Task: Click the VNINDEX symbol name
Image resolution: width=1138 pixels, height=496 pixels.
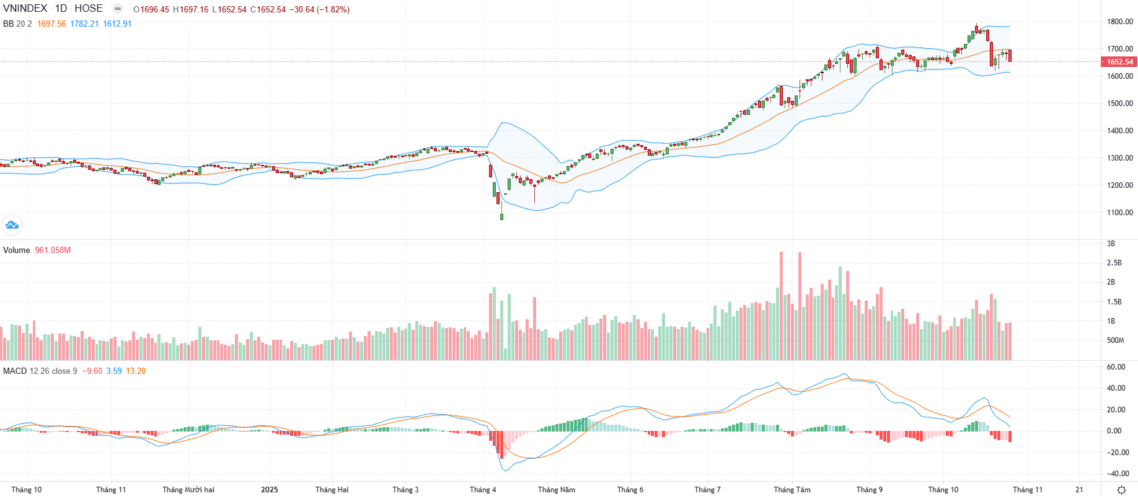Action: coord(25,9)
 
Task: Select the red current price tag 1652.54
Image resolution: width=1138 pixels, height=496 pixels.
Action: coord(1119,62)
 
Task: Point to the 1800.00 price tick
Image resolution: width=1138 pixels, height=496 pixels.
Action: coord(1120,22)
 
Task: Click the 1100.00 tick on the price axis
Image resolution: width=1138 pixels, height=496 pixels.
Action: coord(1120,213)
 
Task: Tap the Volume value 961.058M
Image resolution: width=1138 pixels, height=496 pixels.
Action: coord(53,250)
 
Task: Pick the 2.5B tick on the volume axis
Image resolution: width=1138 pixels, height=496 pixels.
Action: coord(1114,263)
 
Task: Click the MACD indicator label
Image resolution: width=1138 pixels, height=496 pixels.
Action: coord(15,371)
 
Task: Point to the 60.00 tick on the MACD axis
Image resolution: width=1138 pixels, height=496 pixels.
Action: coord(1116,367)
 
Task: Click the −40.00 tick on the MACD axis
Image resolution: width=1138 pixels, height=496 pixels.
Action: coord(1118,474)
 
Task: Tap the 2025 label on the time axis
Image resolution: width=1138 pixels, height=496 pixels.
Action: coord(270,490)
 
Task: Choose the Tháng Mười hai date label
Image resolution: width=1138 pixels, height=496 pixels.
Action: coord(188,490)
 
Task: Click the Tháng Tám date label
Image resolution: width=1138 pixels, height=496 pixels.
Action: coord(792,490)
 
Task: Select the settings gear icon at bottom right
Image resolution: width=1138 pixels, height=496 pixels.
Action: coord(1121,490)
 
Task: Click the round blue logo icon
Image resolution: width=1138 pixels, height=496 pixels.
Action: coord(12,225)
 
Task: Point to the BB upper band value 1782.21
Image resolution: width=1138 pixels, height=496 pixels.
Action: coord(84,24)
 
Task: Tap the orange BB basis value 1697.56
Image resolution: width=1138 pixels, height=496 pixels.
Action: coord(51,24)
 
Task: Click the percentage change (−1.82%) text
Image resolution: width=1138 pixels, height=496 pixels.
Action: coord(333,10)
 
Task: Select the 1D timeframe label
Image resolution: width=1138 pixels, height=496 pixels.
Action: coord(61,9)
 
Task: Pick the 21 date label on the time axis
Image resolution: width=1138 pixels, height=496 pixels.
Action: coord(1079,490)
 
